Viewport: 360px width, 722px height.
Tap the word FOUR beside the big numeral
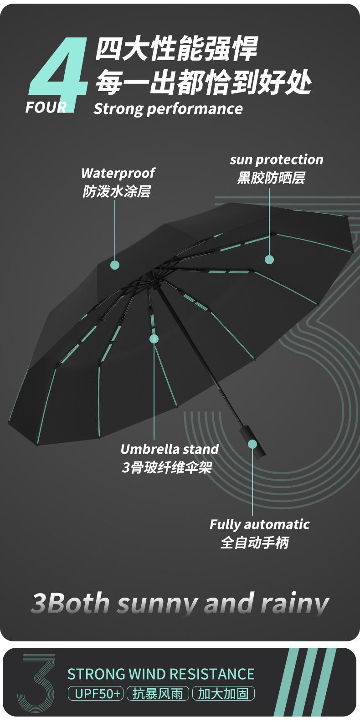click(x=46, y=108)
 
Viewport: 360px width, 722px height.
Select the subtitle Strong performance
click(x=168, y=109)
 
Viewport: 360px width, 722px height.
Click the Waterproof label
click(x=118, y=173)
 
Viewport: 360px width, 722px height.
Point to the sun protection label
click(x=276, y=159)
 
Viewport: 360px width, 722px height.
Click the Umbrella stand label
click(x=170, y=449)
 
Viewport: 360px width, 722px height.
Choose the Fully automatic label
click(x=259, y=524)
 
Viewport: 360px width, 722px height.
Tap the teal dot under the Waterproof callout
click(x=115, y=265)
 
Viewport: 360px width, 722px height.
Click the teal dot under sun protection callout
click(x=269, y=260)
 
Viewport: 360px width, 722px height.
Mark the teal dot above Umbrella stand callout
click(x=154, y=339)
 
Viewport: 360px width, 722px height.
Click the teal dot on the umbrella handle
click(x=252, y=444)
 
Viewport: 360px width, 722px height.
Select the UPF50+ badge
click(x=96, y=694)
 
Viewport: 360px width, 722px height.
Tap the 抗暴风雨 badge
click(x=158, y=694)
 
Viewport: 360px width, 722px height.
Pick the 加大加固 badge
click(x=223, y=694)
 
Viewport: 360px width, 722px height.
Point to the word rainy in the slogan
click(x=295, y=604)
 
